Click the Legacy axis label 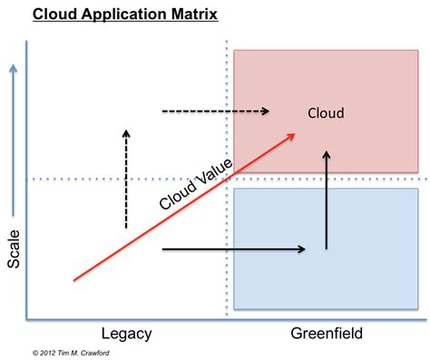[125, 334]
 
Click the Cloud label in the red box [326, 114]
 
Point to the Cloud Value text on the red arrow [195, 184]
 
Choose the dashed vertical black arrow [126, 178]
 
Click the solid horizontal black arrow [232, 248]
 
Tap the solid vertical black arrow [326, 199]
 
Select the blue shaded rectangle [326, 248]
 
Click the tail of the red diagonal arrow [73, 281]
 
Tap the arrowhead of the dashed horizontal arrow [266, 112]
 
